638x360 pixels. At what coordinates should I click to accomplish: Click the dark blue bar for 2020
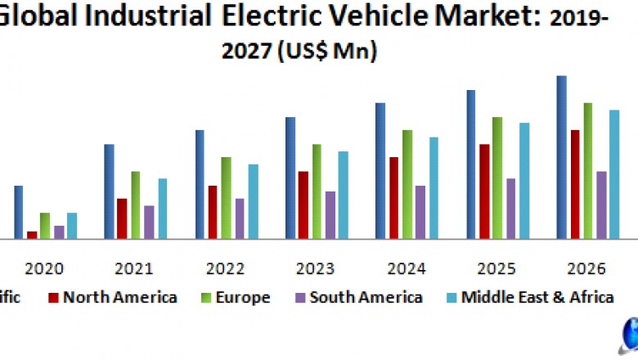click(x=18, y=212)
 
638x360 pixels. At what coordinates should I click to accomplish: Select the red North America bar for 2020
click(x=32, y=235)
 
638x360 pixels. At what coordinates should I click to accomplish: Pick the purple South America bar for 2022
click(x=240, y=218)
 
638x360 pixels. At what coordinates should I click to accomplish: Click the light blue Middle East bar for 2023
click(x=344, y=195)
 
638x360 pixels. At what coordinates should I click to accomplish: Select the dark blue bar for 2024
click(x=380, y=171)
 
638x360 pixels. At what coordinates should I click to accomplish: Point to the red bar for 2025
click(x=484, y=191)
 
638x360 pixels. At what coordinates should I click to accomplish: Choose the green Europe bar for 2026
click(x=588, y=171)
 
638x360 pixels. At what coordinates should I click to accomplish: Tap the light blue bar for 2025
click(x=524, y=181)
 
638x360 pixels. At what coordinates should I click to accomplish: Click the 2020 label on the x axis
click(x=44, y=269)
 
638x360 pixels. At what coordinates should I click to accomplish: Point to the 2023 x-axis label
click(x=316, y=269)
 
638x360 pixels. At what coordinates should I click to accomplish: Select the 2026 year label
click(x=586, y=269)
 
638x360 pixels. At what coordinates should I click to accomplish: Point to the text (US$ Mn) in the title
click(x=327, y=51)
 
